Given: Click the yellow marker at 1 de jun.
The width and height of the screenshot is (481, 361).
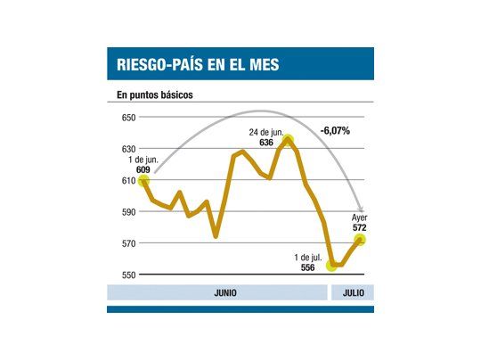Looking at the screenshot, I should point(143,181).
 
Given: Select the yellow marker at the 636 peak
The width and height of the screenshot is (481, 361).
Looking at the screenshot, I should point(289,139).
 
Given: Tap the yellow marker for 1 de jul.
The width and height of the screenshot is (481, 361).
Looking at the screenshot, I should point(332,265).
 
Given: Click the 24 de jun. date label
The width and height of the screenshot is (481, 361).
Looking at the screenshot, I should point(266,132).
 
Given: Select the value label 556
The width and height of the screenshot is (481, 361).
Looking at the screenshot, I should point(306,267).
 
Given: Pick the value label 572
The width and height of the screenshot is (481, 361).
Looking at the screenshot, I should point(360,227).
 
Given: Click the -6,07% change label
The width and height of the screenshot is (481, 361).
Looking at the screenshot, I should point(335,131).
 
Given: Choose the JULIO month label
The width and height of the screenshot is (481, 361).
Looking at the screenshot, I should point(352,292).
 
